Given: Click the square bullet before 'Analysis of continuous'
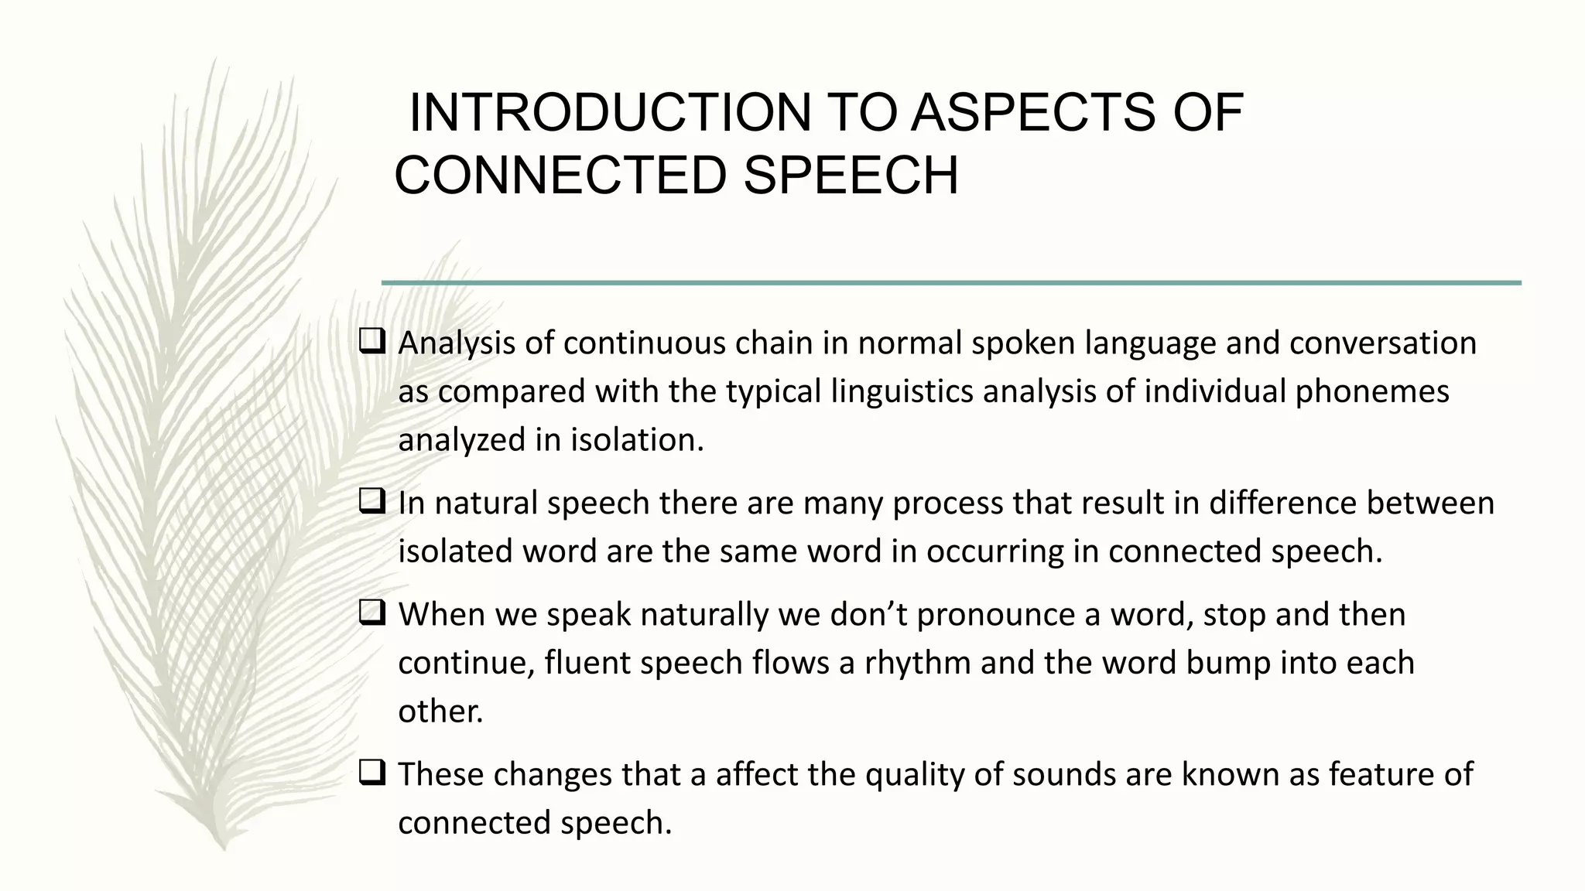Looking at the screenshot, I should pos(372,342).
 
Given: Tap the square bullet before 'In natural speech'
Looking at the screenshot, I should pos(372,503).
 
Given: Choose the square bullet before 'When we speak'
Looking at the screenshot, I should pos(372,614).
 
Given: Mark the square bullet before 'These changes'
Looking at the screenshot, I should pos(372,773).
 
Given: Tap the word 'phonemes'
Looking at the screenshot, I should pos(1372,391).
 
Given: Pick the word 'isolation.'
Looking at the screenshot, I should pos(638,440).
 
